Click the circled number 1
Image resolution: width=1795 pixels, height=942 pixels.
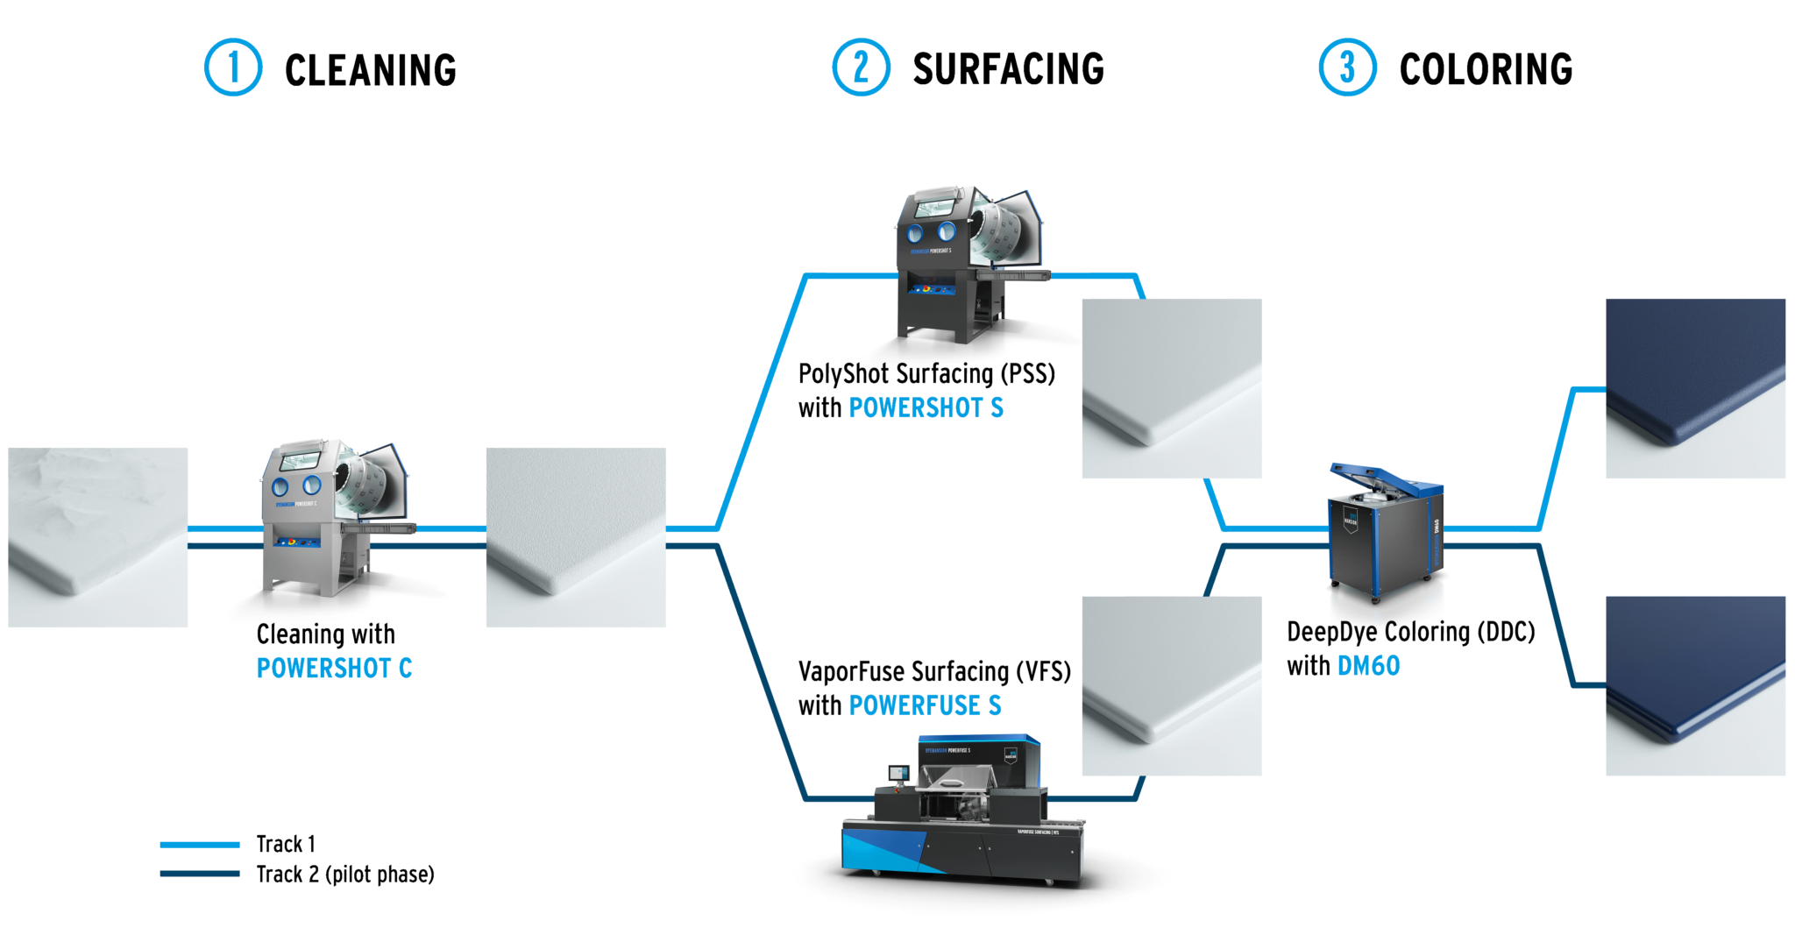point(233,67)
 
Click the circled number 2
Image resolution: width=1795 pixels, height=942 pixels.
point(861,67)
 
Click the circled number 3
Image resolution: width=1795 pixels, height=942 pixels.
point(1347,67)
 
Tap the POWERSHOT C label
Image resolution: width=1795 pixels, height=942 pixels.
point(334,669)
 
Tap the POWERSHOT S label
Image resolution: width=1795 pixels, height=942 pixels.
point(926,408)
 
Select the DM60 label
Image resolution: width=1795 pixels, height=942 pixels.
point(1368,666)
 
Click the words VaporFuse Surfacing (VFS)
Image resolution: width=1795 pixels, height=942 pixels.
point(934,672)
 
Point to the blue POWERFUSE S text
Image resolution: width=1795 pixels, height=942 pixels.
point(925,706)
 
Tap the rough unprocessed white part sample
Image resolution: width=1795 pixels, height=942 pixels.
point(98,537)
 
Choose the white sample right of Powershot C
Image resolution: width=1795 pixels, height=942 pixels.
point(576,537)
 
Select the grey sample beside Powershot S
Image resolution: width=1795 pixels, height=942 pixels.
point(1172,388)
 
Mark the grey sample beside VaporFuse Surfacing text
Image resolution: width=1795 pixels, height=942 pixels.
point(1172,686)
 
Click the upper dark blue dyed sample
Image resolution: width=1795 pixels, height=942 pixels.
point(1695,388)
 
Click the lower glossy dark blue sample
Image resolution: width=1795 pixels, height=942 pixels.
point(1695,686)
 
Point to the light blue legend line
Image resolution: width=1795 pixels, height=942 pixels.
point(200,845)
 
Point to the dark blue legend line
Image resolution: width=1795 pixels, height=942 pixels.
point(200,873)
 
